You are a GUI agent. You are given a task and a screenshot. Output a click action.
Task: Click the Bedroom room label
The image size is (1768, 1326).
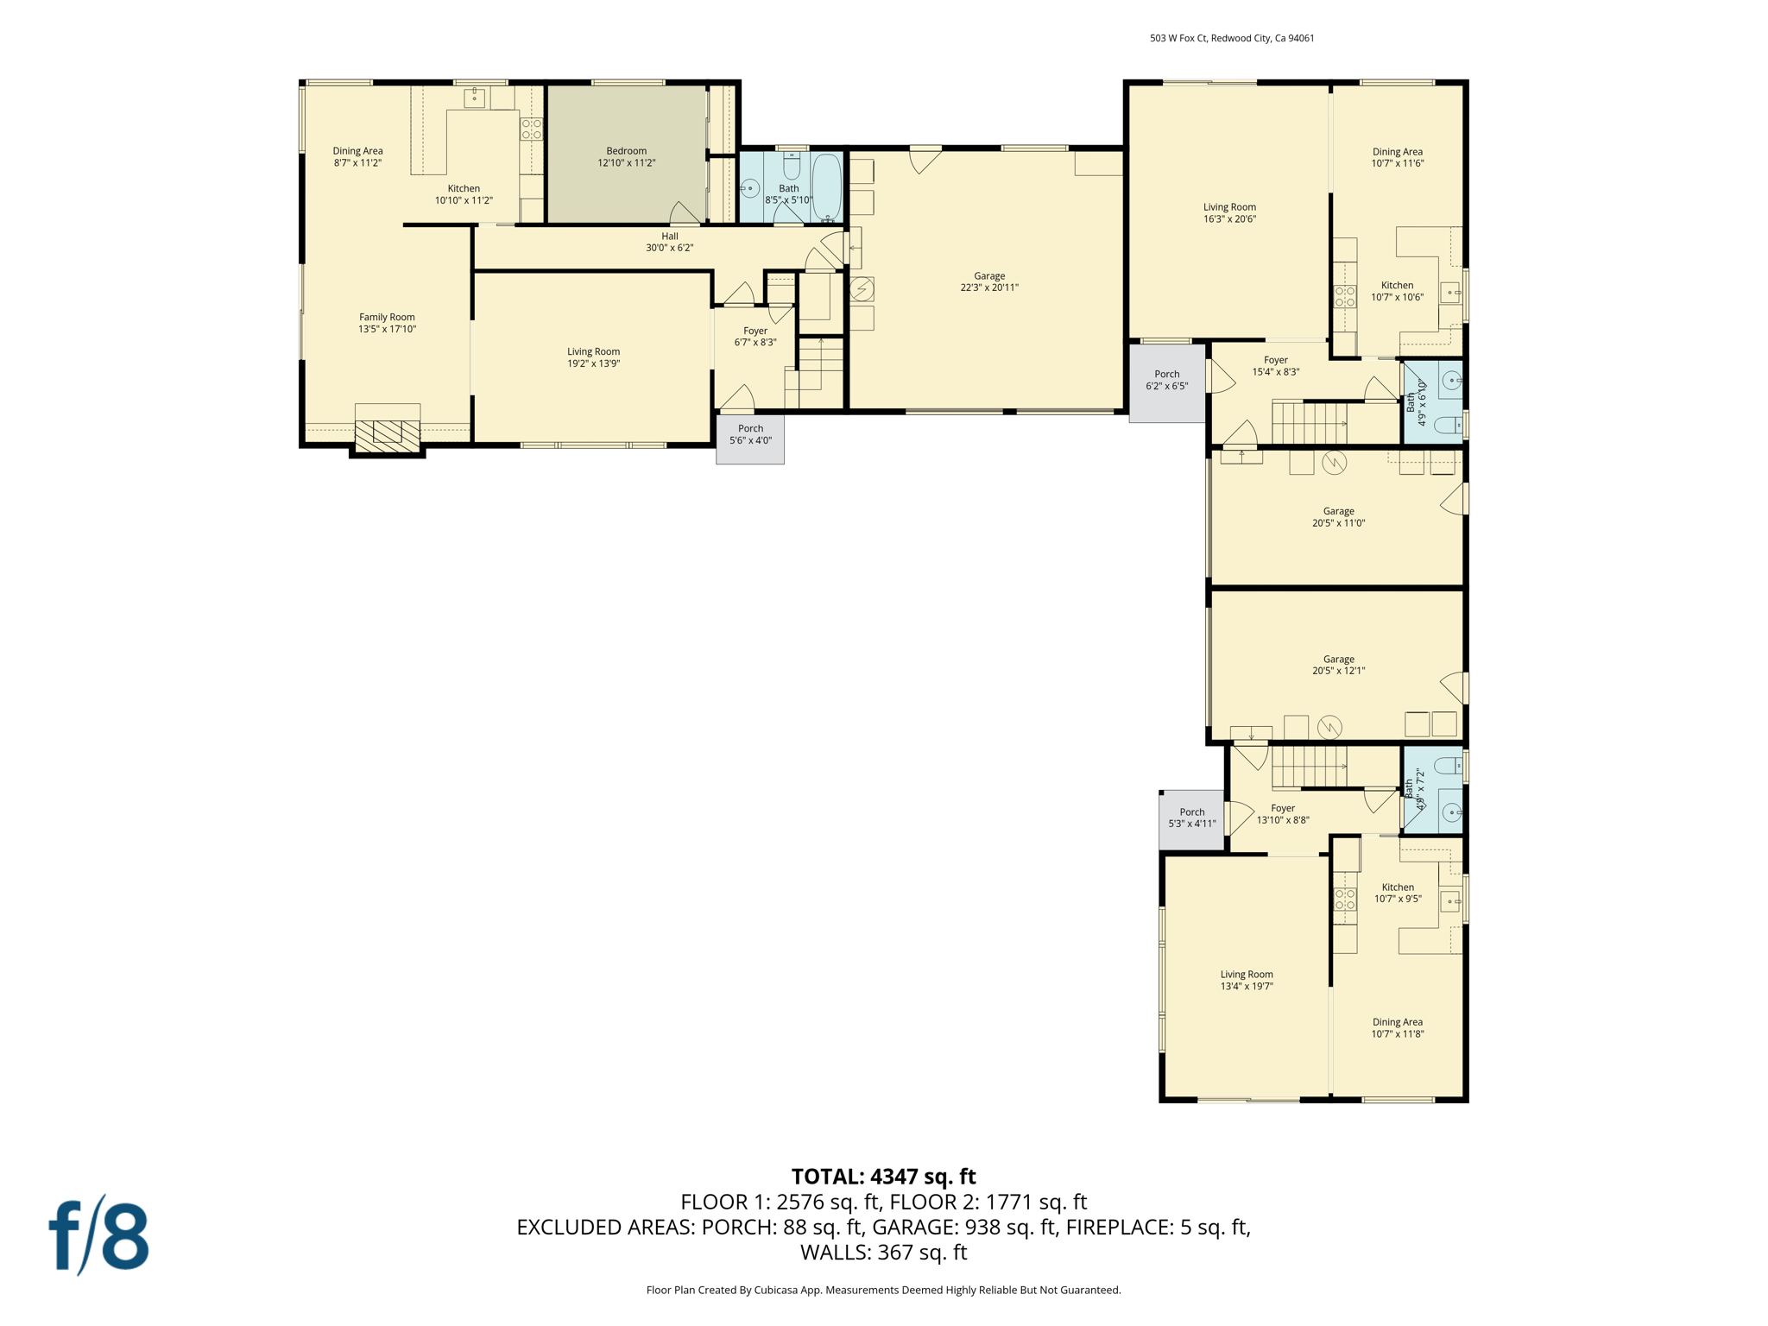pos(626,156)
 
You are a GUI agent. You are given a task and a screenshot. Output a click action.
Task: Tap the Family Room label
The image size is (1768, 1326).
pos(387,323)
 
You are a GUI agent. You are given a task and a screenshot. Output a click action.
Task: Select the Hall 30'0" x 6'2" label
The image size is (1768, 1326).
pos(669,242)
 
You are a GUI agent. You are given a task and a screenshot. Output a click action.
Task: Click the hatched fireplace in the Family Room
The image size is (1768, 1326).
pos(388,432)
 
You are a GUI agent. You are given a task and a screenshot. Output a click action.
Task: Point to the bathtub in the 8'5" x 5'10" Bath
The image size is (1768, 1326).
pos(825,186)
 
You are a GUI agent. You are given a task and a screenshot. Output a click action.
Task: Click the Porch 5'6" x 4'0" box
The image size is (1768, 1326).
pos(750,439)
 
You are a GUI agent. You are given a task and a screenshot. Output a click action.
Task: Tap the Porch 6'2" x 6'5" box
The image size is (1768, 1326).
pos(1166,382)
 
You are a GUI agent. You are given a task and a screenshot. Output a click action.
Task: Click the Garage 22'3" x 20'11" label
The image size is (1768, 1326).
pos(989,281)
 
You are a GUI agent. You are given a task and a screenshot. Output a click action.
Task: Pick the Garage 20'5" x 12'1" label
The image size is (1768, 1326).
pos(1338,665)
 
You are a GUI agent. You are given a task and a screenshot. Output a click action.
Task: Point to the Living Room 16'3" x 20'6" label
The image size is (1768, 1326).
pos(1229,212)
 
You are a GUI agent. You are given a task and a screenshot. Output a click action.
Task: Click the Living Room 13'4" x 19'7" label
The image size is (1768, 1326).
pos(1246,980)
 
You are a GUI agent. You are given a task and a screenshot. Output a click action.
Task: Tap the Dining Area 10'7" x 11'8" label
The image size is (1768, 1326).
pos(1397,1027)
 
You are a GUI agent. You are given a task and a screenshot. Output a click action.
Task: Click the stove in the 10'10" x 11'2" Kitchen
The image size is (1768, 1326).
pos(531,129)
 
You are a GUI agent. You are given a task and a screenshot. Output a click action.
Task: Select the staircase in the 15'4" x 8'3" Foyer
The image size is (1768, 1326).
pos(1309,423)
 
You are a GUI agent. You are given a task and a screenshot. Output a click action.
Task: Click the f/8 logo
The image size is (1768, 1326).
pos(98,1235)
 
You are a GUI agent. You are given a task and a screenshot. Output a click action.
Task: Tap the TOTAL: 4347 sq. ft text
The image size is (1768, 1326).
pos(883,1177)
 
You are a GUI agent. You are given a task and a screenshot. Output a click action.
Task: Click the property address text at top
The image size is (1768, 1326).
pos(1231,38)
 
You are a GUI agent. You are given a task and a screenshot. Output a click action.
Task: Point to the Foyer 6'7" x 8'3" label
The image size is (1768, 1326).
pos(755,337)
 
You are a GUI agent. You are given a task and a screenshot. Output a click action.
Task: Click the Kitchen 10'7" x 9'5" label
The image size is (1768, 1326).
pos(1397,893)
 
